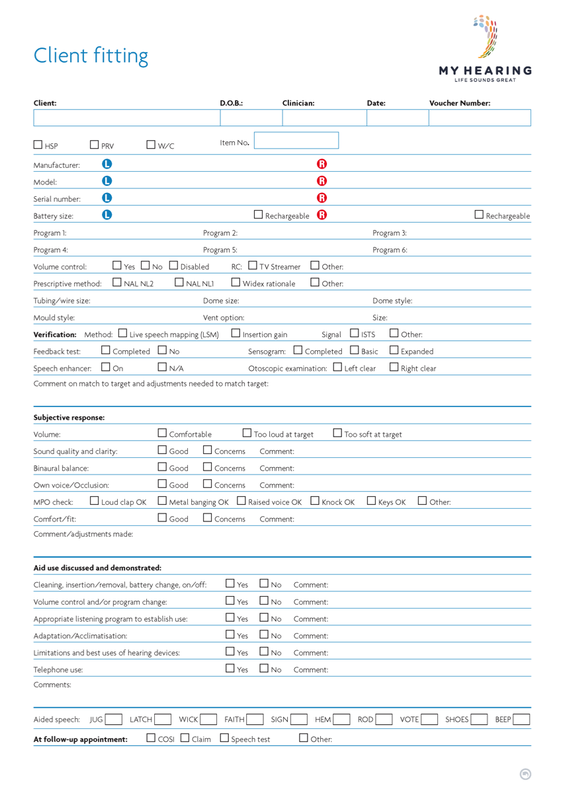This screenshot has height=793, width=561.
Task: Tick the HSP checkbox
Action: (38, 145)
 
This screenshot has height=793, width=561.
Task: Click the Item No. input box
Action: (296, 140)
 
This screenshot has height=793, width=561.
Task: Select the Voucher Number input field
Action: (480, 118)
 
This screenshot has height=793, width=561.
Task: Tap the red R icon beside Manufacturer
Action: (322, 165)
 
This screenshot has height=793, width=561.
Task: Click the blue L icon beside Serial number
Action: (107, 198)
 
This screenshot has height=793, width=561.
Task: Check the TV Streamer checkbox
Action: (253, 266)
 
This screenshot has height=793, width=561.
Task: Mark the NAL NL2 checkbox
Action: (117, 283)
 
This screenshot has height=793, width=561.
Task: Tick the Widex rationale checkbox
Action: (236, 283)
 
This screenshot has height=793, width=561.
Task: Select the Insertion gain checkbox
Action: (236, 334)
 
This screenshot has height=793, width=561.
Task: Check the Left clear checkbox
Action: (337, 367)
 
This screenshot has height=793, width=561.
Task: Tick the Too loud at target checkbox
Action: (247, 434)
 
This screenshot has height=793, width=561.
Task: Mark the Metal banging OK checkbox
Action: (162, 502)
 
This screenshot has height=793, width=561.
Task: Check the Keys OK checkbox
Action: (372, 502)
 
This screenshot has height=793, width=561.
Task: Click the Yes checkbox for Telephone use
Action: (230, 669)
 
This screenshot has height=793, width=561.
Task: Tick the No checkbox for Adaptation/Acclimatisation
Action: (264, 635)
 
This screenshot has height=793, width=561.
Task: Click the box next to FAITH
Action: (254, 720)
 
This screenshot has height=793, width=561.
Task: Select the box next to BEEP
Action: (521, 720)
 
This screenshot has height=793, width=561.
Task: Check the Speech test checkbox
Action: (224, 738)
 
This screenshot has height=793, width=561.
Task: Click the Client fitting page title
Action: (91, 56)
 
